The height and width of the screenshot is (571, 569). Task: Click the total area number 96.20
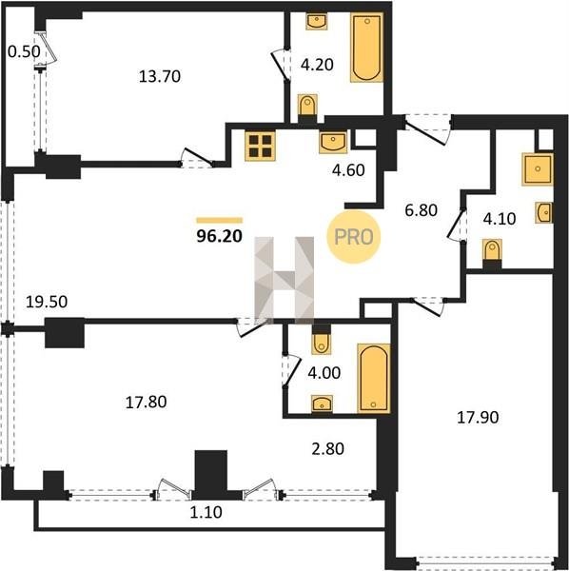coord(219,236)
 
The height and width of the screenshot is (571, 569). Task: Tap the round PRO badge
coord(354,237)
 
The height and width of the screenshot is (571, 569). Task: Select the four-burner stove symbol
coord(260,146)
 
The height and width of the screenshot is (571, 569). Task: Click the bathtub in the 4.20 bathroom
coord(366,48)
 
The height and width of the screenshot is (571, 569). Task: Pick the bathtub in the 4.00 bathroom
coord(374,378)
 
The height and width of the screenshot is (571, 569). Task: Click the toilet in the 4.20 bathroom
coord(307,108)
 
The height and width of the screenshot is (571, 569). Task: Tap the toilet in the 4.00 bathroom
coord(321,339)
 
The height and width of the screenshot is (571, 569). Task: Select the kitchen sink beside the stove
coord(333,142)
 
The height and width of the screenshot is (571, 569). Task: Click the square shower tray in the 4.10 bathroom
coord(538,169)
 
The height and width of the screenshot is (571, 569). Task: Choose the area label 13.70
coord(160,77)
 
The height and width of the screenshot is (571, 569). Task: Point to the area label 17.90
coord(478,418)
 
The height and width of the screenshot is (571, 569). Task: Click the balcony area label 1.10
coord(206,513)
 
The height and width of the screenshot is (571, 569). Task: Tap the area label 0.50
coord(24,51)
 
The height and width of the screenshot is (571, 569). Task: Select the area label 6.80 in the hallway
coord(422,210)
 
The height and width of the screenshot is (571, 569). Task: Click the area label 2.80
coord(327,448)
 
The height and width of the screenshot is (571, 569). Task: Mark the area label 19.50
coord(47,302)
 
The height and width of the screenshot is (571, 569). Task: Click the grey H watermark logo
coord(284,281)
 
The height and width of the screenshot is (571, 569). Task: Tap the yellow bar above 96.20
coord(220,220)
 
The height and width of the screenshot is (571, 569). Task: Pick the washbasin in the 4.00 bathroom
coord(322,404)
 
